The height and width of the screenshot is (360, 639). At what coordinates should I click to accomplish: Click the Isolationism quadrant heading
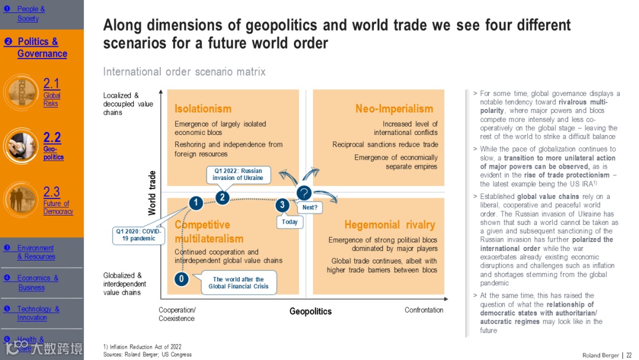click(x=203, y=108)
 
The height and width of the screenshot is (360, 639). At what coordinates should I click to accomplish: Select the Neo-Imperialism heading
click(x=394, y=108)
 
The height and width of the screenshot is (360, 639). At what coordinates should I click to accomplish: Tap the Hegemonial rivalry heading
click(x=389, y=224)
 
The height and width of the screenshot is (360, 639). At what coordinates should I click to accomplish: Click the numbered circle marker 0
click(x=182, y=278)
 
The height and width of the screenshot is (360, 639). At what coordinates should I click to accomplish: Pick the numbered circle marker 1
click(x=196, y=203)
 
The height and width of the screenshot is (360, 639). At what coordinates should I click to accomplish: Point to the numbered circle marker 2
click(x=222, y=197)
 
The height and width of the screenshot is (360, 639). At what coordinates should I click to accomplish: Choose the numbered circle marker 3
click(x=283, y=205)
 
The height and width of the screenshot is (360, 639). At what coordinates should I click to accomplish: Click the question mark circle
click(x=304, y=192)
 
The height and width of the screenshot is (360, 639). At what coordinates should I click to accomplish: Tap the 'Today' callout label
click(x=290, y=222)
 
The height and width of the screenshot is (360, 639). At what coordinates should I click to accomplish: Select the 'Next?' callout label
click(x=309, y=208)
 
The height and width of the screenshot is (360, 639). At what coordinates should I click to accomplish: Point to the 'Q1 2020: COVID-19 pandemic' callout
click(x=137, y=235)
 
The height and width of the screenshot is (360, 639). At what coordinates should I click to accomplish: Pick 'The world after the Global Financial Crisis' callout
click(x=238, y=282)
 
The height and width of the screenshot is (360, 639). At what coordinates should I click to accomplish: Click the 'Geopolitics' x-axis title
click(x=311, y=311)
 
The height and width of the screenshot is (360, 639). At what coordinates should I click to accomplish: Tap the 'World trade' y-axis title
click(x=152, y=193)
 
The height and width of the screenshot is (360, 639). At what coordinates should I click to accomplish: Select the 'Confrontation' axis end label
click(x=424, y=310)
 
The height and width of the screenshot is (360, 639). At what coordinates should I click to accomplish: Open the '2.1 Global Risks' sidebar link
click(x=51, y=92)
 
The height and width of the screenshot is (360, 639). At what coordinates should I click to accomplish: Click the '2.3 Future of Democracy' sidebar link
click(x=57, y=200)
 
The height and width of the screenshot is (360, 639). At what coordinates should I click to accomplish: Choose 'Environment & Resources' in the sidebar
click(x=35, y=252)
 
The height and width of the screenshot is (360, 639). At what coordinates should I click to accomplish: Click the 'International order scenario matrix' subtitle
click(x=184, y=72)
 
